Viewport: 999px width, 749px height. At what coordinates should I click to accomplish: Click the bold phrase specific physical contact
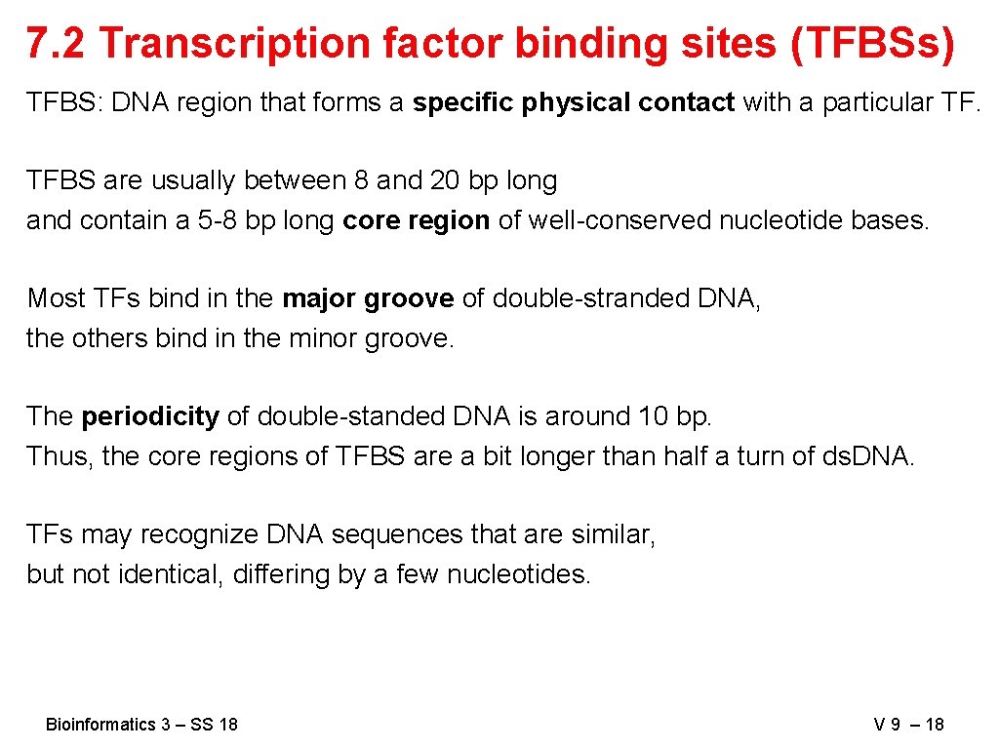(574, 102)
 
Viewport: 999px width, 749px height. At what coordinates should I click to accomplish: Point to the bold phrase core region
(417, 220)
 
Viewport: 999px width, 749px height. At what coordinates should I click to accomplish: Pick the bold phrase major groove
(368, 298)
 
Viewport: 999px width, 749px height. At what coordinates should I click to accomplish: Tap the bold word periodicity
(150, 416)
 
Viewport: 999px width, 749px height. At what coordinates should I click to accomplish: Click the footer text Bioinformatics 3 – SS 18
(141, 724)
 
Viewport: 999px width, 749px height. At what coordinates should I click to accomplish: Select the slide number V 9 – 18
(909, 724)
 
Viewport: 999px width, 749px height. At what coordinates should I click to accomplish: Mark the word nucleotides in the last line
(518, 574)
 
